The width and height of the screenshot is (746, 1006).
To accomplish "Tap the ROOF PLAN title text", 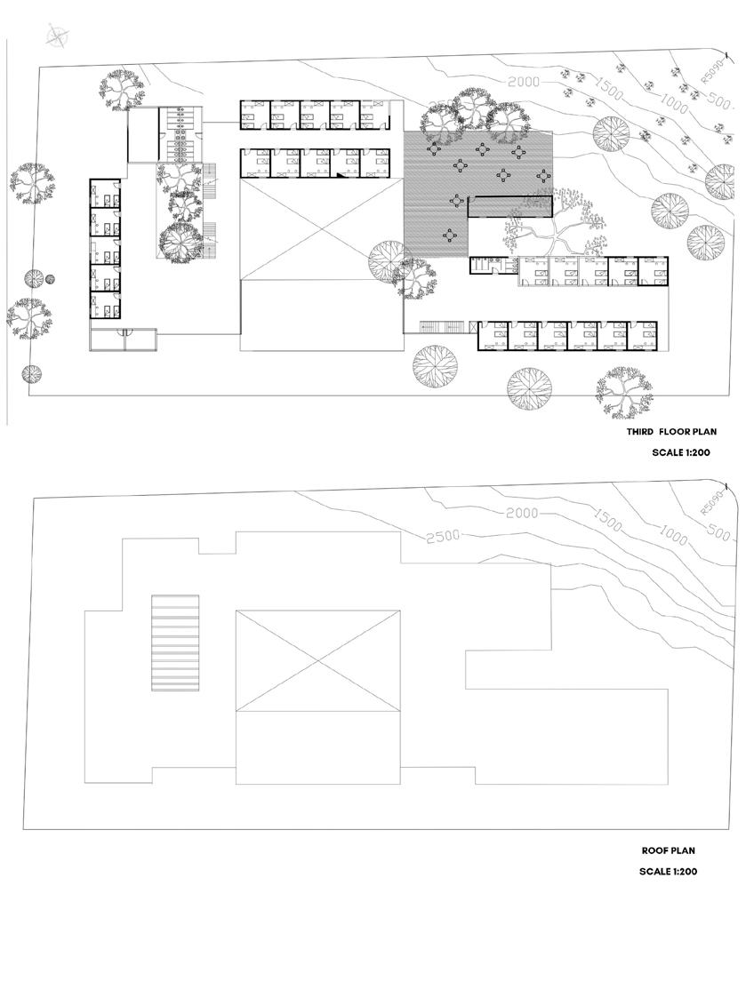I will coord(669,850).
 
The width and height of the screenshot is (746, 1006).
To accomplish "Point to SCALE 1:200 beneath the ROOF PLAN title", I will coord(668,871).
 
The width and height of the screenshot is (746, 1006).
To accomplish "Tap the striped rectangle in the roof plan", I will coord(175,643).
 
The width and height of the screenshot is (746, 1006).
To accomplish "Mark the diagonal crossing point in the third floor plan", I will coord(317,228).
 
